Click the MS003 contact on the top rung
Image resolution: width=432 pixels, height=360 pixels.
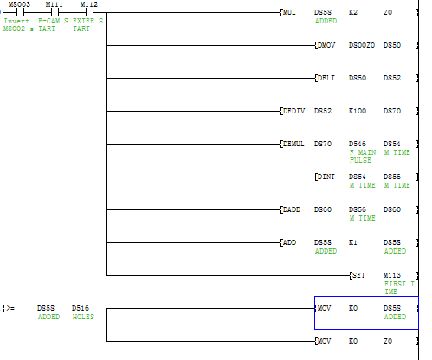(20, 12)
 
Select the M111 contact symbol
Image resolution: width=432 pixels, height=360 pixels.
(55, 12)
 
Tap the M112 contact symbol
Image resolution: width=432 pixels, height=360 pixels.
(89, 12)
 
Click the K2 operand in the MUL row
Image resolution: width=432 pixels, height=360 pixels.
(353, 12)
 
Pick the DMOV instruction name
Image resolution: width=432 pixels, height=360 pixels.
(326, 45)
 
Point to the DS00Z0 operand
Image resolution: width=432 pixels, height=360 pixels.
(362, 45)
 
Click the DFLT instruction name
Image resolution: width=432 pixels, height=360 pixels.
(326, 78)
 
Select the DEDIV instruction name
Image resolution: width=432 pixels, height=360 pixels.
(293, 111)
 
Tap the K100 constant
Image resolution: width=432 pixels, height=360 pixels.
(358, 111)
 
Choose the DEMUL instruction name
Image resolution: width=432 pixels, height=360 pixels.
(293, 144)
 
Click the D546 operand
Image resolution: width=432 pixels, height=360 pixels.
(358, 144)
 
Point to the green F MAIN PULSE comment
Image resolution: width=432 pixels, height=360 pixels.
(363, 157)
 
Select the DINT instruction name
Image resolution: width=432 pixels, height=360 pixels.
(326, 177)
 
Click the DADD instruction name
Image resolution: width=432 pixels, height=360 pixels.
(292, 209)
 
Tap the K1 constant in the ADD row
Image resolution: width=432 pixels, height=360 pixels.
(352, 242)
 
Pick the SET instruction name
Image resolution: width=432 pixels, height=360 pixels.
(358, 275)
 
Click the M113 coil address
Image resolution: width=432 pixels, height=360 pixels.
(392, 275)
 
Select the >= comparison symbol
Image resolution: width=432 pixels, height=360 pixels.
(10, 308)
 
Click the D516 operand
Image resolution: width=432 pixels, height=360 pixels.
(81, 308)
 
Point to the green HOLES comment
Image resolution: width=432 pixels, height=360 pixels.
(83, 317)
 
